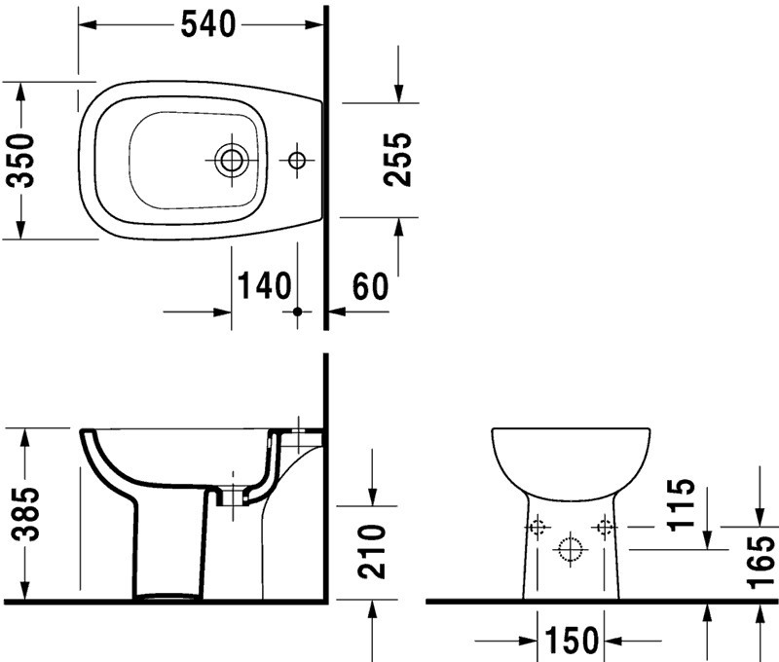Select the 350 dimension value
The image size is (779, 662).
(x=21, y=160)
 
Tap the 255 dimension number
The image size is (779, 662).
(x=398, y=160)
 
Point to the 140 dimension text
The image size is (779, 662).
(x=264, y=285)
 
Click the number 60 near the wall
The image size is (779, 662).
(x=371, y=286)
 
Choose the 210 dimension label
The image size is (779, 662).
(x=372, y=551)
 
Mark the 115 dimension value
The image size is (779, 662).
(x=681, y=505)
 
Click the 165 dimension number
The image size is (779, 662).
(x=761, y=562)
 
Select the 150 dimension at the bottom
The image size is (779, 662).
(x=572, y=641)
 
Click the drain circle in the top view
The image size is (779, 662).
(x=232, y=160)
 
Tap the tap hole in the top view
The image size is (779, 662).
(x=297, y=160)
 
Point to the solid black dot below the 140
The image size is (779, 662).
(x=297, y=312)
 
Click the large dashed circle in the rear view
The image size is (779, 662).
(x=570, y=550)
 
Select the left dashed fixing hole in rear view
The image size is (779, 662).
(x=538, y=527)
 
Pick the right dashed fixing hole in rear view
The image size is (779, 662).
(x=604, y=527)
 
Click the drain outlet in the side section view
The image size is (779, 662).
(x=232, y=496)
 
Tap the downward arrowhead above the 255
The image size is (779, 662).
(x=398, y=93)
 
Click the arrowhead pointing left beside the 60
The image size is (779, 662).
(x=337, y=312)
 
